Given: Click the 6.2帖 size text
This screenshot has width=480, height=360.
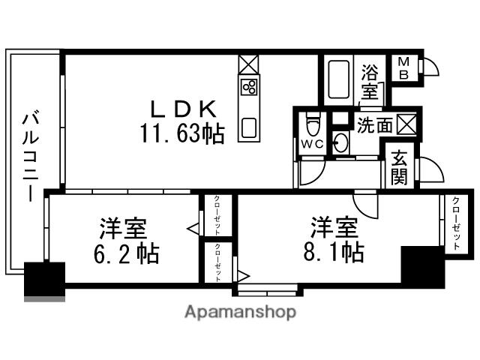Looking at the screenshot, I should pyautogui.click(x=127, y=253).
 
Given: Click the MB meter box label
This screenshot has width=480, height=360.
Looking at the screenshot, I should pyautogui.click(x=403, y=68).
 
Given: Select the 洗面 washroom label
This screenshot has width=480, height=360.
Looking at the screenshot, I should pyautogui.click(x=373, y=125).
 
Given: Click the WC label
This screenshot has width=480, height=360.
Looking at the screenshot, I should pyautogui.click(x=311, y=142).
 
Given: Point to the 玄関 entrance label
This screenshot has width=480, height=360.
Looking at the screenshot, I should pyautogui.click(x=399, y=169).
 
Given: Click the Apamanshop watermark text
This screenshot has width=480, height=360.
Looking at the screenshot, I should pyautogui.click(x=240, y=311).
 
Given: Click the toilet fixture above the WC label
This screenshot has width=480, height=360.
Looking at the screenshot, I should pyautogui.click(x=313, y=122).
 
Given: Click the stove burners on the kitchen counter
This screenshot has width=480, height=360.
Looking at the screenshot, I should pyautogui.click(x=249, y=87).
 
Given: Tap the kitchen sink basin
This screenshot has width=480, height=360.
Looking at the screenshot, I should pyautogui.click(x=249, y=127).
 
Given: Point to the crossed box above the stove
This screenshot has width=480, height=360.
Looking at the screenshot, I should pyautogui.click(x=248, y=63).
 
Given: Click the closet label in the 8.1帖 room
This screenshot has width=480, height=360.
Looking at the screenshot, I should pyautogui.click(x=454, y=223).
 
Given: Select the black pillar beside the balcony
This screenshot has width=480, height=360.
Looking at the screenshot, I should pyautogui.click(x=43, y=279).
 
